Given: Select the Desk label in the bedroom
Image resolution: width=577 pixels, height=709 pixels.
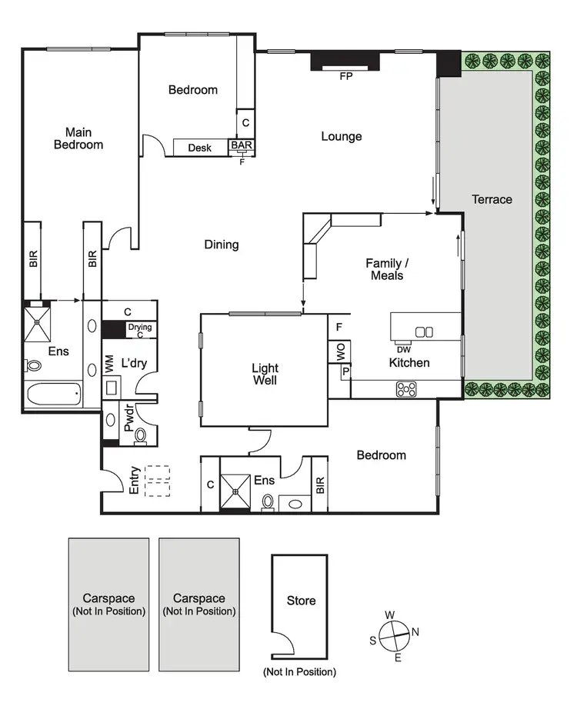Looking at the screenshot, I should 199,148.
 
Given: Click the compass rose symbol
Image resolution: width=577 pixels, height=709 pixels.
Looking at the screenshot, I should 394,636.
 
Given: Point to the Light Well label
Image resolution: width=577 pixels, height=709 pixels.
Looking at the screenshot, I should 265,374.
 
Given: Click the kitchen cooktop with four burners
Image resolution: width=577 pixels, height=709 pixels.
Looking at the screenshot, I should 405,389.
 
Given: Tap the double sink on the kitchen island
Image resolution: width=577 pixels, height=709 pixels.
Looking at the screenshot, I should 424,331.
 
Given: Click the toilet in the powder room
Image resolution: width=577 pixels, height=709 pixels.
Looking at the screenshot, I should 140,437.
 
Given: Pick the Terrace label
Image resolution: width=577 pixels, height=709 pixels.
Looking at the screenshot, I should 492,199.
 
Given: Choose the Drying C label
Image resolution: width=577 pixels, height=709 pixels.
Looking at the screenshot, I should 140,331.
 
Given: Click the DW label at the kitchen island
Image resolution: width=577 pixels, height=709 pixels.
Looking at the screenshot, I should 403,349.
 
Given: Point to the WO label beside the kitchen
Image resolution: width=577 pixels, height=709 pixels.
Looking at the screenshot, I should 339,352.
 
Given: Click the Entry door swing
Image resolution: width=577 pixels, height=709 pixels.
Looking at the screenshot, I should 112,483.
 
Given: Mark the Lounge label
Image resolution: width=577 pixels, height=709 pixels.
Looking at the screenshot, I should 341,137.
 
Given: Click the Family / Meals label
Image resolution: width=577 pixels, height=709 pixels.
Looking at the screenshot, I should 385,269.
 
